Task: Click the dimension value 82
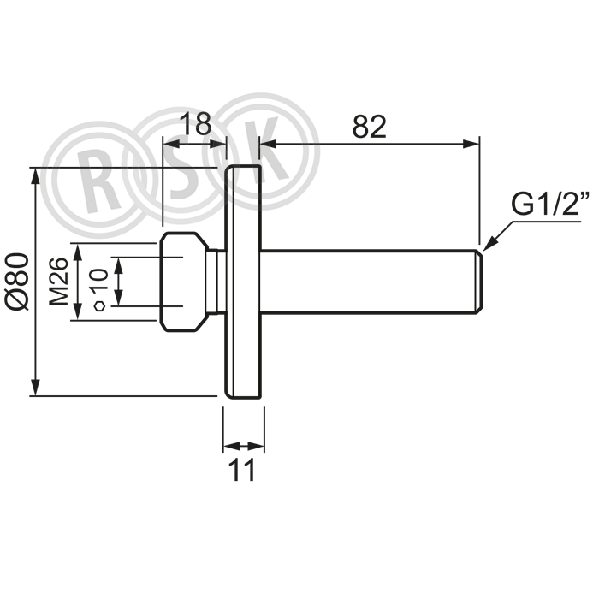point(369,127)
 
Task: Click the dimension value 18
point(195,123)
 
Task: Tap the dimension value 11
point(241,470)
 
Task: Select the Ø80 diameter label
point(18,281)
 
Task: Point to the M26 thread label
point(59,282)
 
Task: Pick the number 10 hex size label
point(99,282)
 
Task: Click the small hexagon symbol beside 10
point(100,306)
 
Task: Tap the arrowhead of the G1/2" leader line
point(489,244)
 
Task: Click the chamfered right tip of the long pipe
point(479,282)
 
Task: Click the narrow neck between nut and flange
point(216,282)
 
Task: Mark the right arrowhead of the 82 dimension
point(471,144)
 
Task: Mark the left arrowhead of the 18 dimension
point(171,144)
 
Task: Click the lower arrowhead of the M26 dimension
point(78,311)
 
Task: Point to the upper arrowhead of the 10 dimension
point(119,266)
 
